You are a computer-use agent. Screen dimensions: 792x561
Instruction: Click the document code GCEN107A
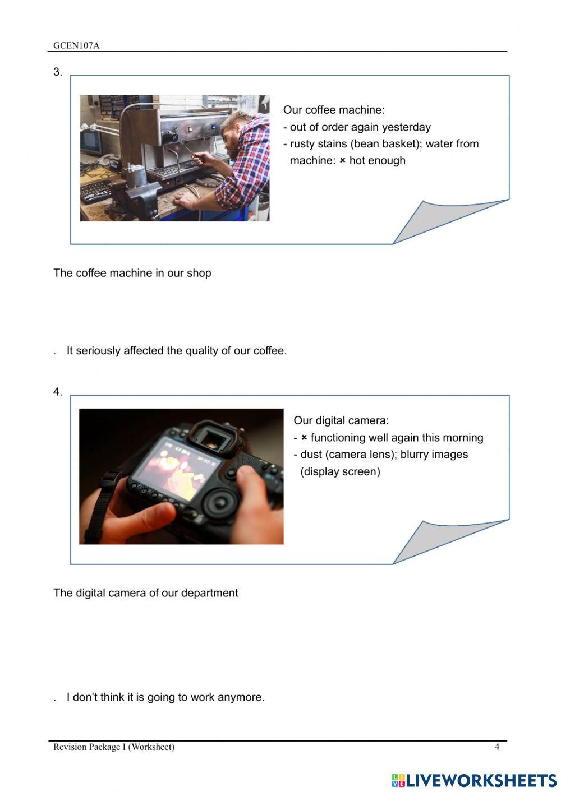[76, 45]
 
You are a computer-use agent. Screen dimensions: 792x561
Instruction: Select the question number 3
[57, 72]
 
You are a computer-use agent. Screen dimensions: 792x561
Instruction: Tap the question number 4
[57, 392]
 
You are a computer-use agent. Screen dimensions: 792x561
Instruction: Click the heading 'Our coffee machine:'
[334, 110]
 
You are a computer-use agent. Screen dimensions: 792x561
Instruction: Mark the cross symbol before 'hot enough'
[342, 161]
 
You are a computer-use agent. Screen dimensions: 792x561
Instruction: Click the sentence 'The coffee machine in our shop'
[132, 273]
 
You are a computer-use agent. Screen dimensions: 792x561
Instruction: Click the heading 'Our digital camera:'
[341, 420]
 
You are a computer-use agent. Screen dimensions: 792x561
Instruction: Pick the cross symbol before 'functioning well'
[304, 438]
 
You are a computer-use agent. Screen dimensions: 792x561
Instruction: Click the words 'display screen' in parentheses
[340, 471]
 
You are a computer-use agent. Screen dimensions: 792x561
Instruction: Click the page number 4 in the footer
[496, 747]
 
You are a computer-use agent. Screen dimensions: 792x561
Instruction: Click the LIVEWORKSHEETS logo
[474, 780]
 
